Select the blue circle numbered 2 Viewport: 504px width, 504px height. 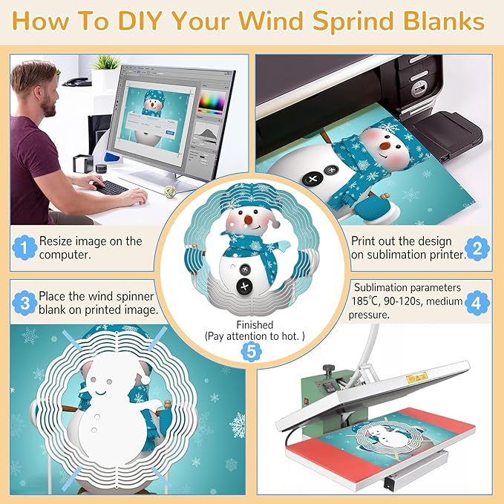[x=478, y=249]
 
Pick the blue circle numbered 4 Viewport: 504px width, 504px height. [x=478, y=302]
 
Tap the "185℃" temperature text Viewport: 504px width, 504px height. [x=369, y=301]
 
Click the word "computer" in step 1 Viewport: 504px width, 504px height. [x=65, y=255]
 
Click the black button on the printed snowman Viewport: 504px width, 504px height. [x=312, y=179]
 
